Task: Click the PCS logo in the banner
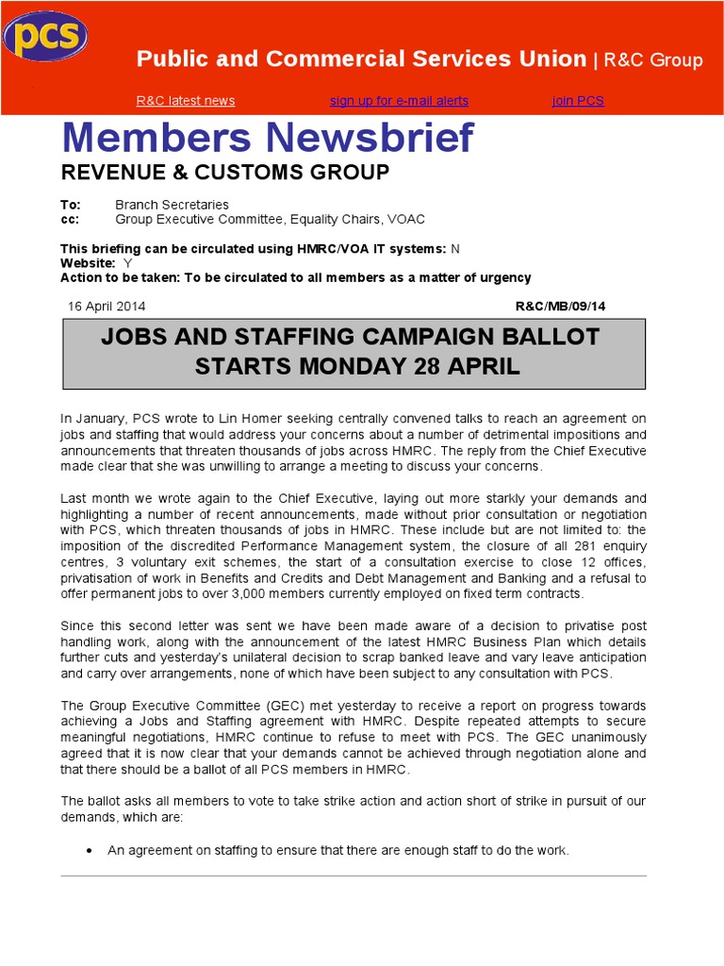point(45,38)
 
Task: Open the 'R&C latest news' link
point(186,101)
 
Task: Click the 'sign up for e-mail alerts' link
point(399,101)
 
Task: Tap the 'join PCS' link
point(578,101)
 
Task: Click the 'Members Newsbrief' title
point(268,139)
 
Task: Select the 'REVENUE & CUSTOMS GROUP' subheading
point(224,173)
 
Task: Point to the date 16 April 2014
point(107,307)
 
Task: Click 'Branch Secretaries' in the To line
point(172,205)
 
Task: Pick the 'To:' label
point(71,205)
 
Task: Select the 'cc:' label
point(69,219)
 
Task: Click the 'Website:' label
point(88,263)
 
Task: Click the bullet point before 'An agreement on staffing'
point(88,851)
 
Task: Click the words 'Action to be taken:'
point(120,277)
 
